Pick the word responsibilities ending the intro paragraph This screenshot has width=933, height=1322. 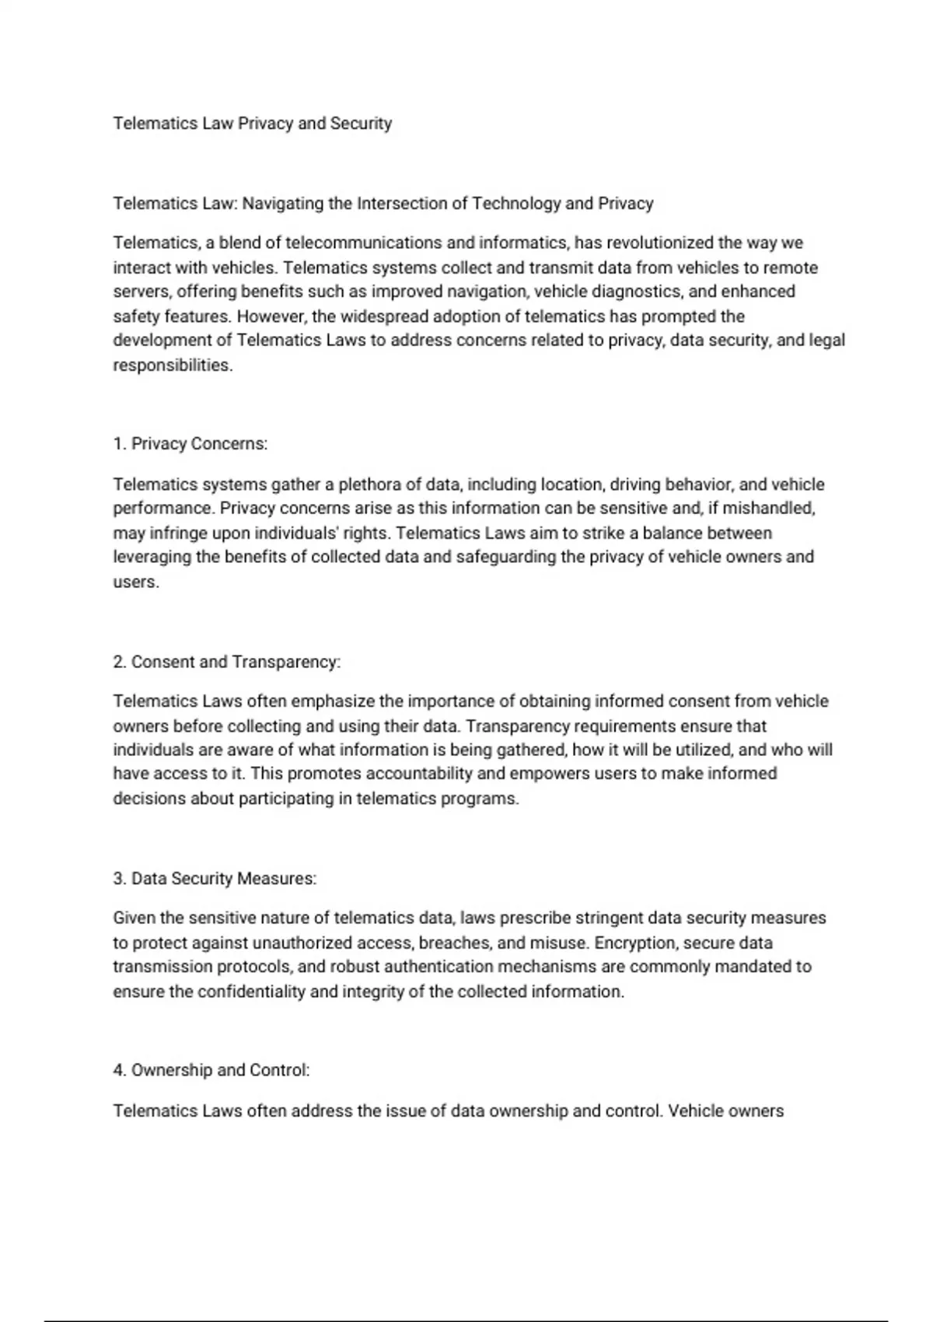click(172, 365)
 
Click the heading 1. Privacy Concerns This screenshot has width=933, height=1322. click(190, 444)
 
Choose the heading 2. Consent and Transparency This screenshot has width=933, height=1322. click(226, 662)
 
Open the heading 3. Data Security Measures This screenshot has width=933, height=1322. click(214, 879)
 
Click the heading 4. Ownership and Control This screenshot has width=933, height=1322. click(211, 1070)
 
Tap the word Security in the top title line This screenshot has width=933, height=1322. click(361, 124)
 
